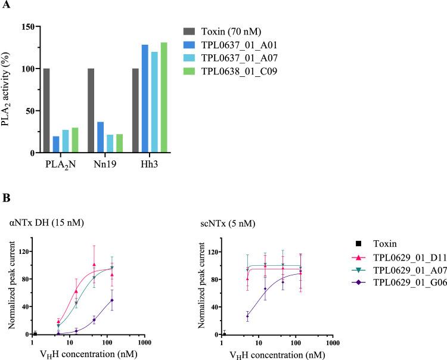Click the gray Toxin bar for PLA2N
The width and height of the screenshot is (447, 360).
pos(63,111)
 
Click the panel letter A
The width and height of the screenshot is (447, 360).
pos(6,5)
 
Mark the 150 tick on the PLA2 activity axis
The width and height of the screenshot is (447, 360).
pos(26,27)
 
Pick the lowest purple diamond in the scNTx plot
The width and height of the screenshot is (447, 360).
pos(247,316)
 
